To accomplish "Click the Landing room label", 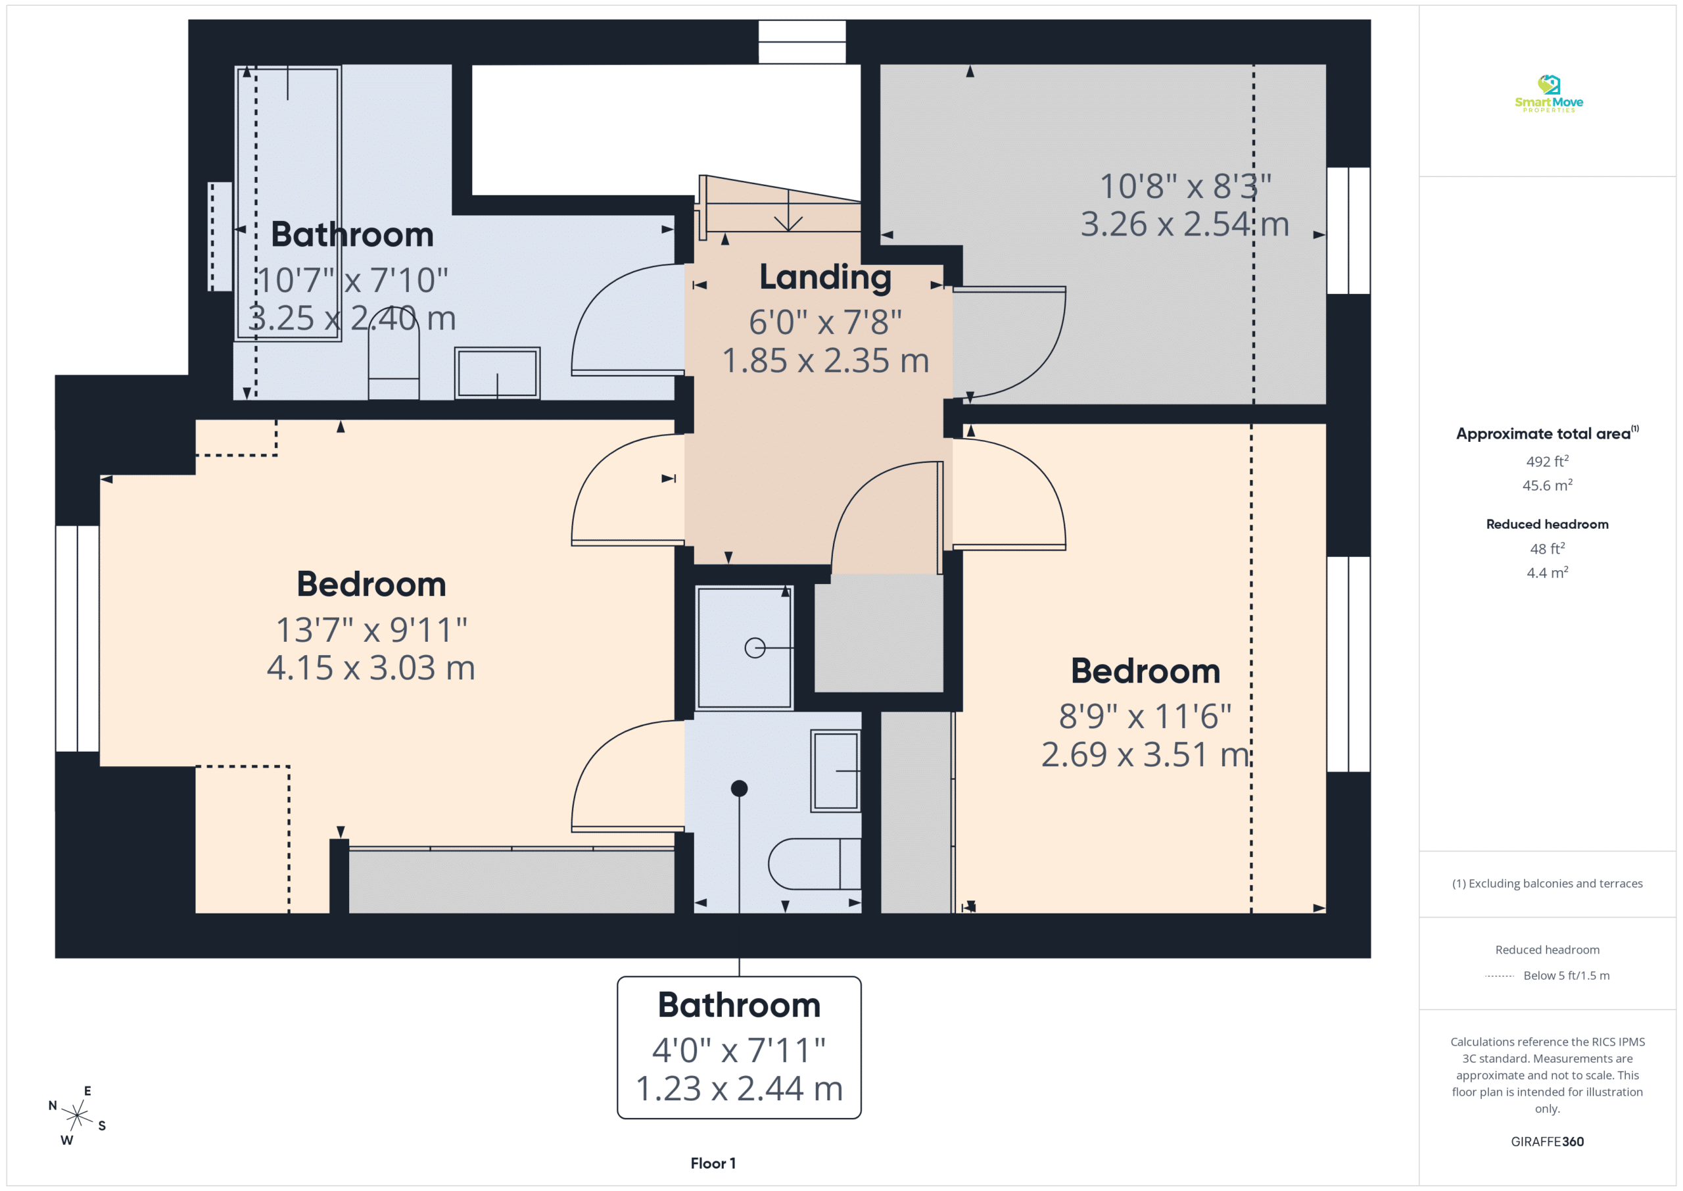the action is tap(824, 278).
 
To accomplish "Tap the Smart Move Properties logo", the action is tap(1548, 94).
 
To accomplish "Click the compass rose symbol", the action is tap(77, 1115).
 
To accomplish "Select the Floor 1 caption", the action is tap(713, 1163).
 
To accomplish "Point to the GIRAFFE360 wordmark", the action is tap(1547, 1141).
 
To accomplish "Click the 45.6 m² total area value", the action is tap(1547, 485).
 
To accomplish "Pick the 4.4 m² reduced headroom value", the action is tap(1547, 572).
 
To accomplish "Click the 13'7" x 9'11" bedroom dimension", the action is tap(371, 629).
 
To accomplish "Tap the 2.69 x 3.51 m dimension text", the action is tap(1145, 754).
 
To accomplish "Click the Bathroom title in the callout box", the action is tap(739, 1005).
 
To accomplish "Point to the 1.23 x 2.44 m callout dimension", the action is tap(739, 1088).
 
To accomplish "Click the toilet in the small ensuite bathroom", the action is tap(815, 864).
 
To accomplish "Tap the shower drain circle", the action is tap(755, 648).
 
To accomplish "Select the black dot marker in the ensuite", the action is tap(739, 789).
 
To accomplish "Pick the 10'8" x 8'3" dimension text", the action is tap(1185, 186).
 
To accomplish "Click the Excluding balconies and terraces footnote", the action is tap(1547, 883).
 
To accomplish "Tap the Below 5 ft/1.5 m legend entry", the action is tap(1566, 975).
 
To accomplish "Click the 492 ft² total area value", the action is tap(1547, 461).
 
